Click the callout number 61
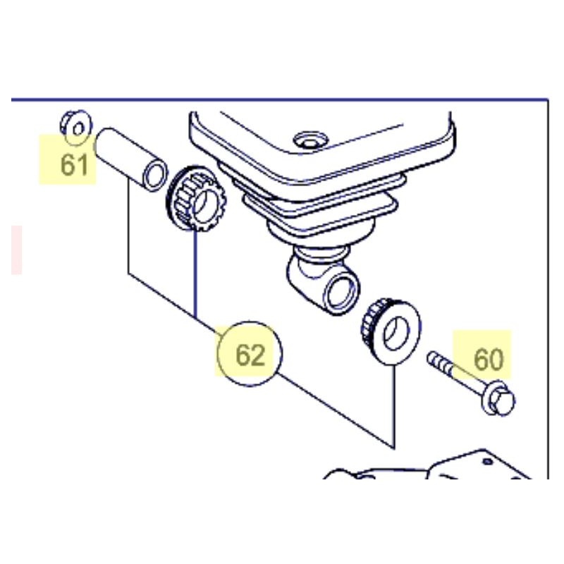(74, 165)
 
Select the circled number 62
(250, 355)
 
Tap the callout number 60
(489, 360)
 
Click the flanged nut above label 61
(76, 127)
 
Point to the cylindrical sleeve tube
(131, 159)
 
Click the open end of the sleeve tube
(155, 175)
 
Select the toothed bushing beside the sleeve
(196, 198)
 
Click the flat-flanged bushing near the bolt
(391, 331)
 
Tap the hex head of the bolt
(500, 399)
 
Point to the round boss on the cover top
(311, 140)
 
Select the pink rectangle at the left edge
(16, 250)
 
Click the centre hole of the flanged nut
(78, 129)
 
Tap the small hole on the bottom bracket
(487, 461)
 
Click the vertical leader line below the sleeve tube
(128, 226)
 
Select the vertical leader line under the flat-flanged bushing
(394, 407)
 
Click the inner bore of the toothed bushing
(205, 207)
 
